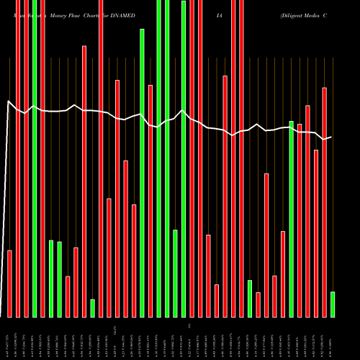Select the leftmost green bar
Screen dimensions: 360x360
click(35, 158)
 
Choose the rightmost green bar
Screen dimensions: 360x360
click(333, 304)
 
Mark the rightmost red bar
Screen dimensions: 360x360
click(325, 202)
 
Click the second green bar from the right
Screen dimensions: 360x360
click(292, 219)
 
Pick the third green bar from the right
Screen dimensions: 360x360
click(250, 298)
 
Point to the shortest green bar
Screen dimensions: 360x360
click(92, 307)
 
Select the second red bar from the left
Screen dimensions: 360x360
click(18, 158)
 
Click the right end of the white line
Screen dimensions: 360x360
click(331, 137)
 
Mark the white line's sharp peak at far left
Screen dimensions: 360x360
click(9, 102)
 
